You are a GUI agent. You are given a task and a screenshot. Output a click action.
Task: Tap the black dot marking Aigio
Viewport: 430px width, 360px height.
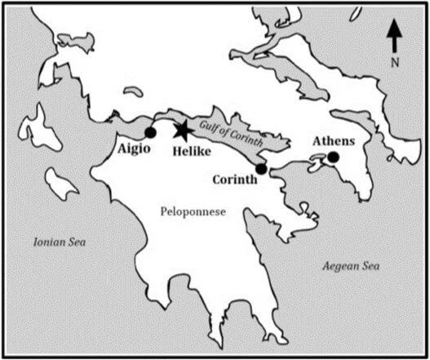(x=150, y=132)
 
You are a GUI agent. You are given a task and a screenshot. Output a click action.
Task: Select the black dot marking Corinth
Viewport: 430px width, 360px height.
(x=261, y=169)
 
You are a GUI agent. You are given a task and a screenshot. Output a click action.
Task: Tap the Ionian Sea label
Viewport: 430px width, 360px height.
(x=59, y=242)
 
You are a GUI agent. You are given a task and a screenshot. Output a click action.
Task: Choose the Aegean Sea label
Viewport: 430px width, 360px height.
(x=351, y=266)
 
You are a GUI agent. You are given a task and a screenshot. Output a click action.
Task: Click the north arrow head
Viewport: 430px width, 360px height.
(x=394, y=25)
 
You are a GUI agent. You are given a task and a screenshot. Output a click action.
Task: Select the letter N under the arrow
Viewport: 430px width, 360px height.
(x=395, y=60)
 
